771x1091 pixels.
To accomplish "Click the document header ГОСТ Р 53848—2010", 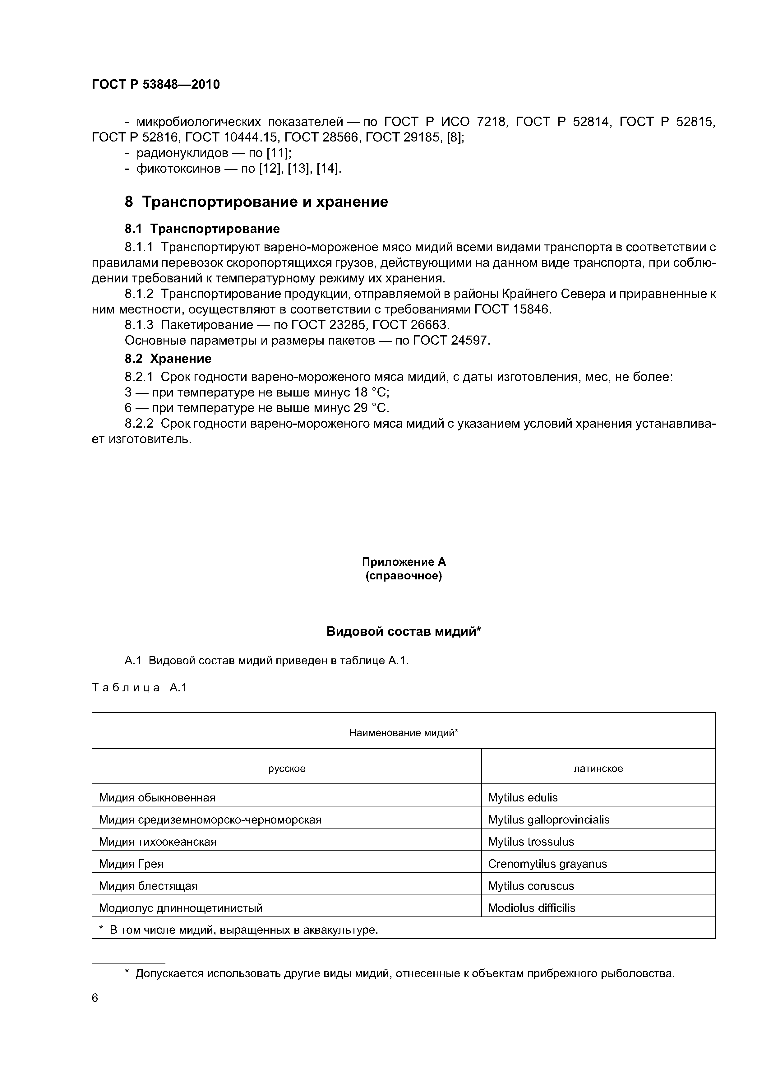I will tap(155, 85).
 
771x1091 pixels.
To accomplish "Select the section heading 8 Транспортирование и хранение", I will tap(256, 202).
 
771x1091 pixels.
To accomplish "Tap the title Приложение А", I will tap(404, 562).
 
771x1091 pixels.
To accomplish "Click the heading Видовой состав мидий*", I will tap(404, 632).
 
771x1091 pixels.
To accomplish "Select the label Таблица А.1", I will tap(140, 688).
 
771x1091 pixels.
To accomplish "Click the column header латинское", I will tap(598, 768).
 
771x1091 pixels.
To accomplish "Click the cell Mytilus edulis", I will tap(523, 797).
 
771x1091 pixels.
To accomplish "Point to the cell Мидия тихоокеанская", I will tap(158, 842).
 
